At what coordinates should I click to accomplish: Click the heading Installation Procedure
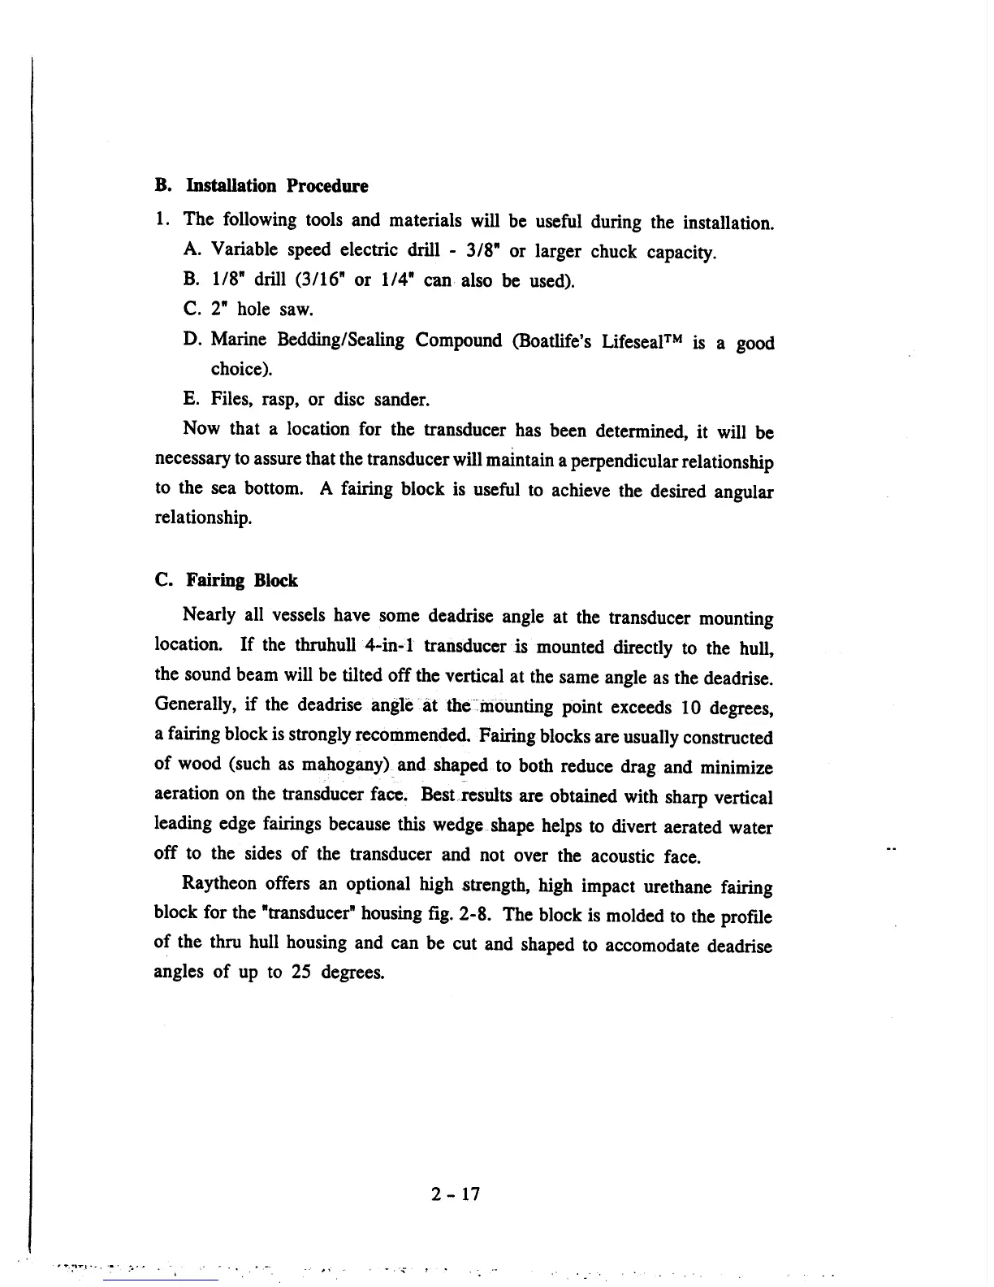pos(277,186)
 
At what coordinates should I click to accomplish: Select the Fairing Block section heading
pos(242,580)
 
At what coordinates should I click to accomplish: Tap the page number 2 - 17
pos(456,1194)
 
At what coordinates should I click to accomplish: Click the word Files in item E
pos(230,399)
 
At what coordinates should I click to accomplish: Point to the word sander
pos(402,400)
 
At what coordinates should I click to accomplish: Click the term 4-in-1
pos(389,646)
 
